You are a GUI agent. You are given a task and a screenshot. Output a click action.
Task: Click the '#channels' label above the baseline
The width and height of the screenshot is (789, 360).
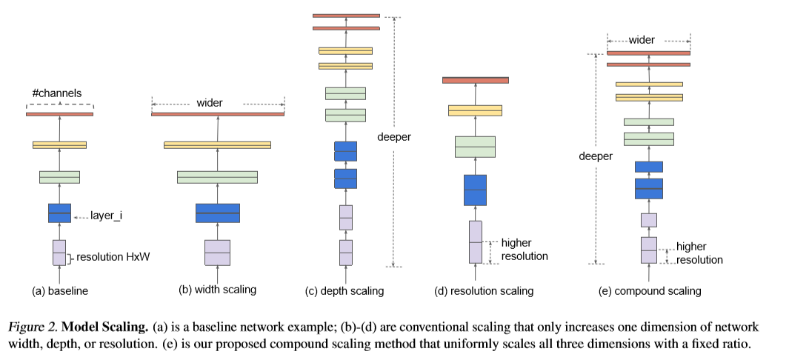(56, 93)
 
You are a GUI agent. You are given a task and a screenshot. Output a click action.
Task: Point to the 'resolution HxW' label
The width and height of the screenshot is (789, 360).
(111, 257)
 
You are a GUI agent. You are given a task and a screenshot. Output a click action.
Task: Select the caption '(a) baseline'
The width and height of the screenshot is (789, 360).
(60, 291)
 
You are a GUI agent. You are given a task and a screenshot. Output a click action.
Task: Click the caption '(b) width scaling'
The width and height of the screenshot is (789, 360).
(218, 290)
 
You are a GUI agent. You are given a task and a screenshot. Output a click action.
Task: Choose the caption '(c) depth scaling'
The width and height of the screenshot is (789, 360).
(345, 291)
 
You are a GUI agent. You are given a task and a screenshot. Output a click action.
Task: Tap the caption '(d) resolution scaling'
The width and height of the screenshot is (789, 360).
(484, 291)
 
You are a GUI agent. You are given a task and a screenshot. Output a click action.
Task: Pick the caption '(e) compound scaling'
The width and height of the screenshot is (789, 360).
(650, 291)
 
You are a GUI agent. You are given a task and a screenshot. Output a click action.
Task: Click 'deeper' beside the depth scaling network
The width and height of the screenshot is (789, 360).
(393, 137)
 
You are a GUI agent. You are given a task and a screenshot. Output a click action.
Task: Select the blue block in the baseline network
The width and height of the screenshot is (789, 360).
(59, 213)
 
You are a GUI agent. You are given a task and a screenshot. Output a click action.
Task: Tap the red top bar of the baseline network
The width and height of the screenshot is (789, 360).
(59, 114)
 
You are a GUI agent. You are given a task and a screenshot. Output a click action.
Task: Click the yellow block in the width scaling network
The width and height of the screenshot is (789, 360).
(217, 145)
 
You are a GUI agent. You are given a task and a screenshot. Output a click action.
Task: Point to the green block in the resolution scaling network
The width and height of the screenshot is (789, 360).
(475, 147)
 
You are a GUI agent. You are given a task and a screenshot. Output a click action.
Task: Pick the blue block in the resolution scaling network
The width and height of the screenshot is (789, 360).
(475, 190)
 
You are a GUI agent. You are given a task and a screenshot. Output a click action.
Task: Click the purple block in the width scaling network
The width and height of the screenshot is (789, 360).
(217, 252)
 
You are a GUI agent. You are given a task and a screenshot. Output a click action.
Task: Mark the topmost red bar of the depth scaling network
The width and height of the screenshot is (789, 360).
(346, 15)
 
